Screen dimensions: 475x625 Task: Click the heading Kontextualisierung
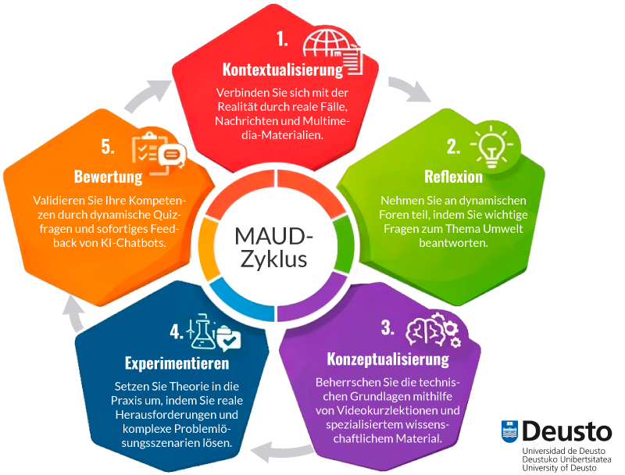click(283, 70)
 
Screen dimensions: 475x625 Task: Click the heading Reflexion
click(453, 177)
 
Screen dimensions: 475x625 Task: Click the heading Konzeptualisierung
click(387, 359)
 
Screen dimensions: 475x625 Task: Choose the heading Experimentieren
click(177, 363)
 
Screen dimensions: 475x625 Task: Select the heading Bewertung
click(108, 176)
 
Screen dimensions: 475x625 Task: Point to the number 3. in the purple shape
click(387, 328)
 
